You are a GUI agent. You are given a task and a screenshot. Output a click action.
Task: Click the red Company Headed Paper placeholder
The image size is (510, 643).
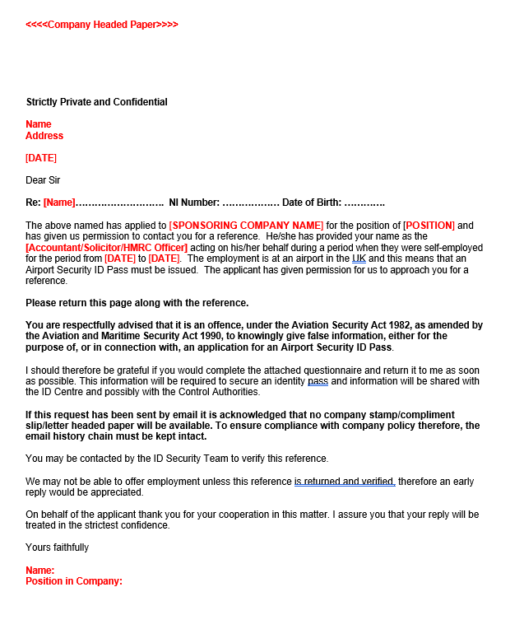pyautogui.click(x=102, y=25)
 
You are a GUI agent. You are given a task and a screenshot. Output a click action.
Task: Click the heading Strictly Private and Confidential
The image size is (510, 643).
pyautogui.click(x=96, y=102)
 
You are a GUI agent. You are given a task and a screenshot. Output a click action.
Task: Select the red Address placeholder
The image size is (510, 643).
pyautogui.click(x=44, y=136)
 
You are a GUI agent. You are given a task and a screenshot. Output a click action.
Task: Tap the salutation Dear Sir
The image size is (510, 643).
pyautogui.click(x=43, y=180)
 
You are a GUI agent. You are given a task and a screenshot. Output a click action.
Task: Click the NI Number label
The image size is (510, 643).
pyautogui.click(x=193, y=203)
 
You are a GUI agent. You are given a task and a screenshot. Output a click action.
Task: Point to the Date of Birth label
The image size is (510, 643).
pyautogui.click(x=312, y=203)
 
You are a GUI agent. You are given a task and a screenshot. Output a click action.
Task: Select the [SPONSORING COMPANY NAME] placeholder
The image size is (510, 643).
pyautogui.click(x=246, y=226)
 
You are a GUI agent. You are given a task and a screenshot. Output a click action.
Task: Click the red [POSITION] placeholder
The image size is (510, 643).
pyautogui.click(x=429, y=226)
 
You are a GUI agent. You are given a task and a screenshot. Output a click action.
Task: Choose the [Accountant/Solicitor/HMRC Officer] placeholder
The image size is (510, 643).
pyautogui.click(x=107, y=248)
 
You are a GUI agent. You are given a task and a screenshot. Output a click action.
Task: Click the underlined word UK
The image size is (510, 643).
pyautogui.click(x=359, y=259)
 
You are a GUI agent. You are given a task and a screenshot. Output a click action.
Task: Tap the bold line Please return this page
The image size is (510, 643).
pyautogui.click(x=137, y=303)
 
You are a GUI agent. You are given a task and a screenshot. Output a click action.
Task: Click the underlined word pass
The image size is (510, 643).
pyautogui.click(x=318, y=381)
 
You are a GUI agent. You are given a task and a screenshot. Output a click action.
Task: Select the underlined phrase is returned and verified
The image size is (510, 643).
pyautogui.click(x=345, y=482)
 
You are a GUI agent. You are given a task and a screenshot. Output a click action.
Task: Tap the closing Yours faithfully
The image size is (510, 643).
pyautogui.click(x=57, y=547)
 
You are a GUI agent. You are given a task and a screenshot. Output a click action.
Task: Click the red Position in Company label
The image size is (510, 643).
pyautogui.click(x=73, y=581)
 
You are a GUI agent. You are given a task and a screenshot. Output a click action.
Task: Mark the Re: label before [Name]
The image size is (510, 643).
pyautogui.click(x=33, y=203)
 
